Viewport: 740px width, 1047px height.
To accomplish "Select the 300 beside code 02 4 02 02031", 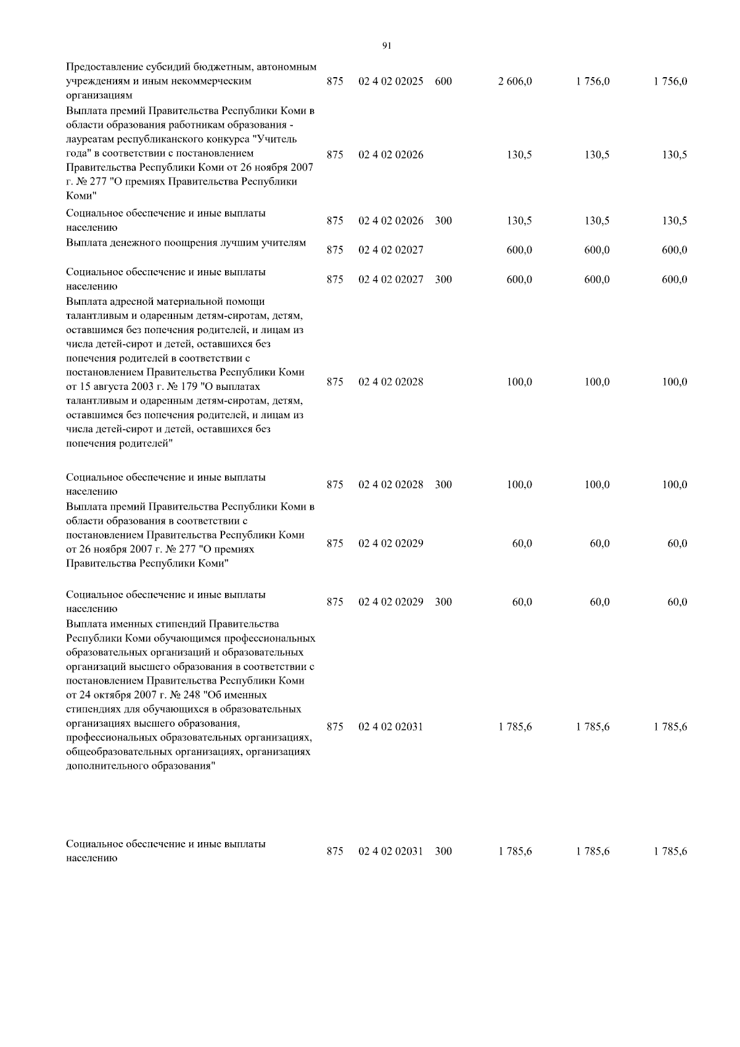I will (x=443, y=851).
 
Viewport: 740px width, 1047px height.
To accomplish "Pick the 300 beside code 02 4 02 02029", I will (x=443, y=602).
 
